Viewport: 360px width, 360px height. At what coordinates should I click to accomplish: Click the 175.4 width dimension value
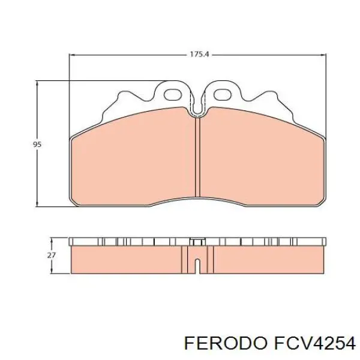point(199,55)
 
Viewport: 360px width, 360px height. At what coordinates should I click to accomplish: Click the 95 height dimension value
point(37,145)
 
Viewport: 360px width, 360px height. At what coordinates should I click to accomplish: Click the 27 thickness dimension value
point(51,255)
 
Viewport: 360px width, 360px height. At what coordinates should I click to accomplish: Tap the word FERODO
point(226,344)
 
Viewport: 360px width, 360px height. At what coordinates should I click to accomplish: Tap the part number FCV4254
point(314,344)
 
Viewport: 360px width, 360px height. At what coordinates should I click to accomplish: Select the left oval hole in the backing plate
point(172,95)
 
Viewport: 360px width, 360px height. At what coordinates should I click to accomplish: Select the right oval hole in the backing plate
point(222,95)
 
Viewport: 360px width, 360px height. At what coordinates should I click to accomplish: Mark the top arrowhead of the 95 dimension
point(37,84)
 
